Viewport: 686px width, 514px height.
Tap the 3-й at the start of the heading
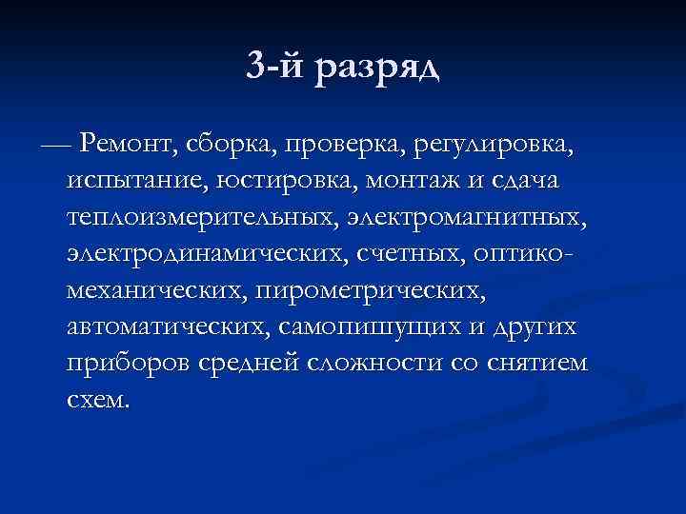coord(272,67)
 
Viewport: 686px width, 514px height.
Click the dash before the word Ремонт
coord(56,145)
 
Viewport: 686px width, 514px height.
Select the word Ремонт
coord(129,145)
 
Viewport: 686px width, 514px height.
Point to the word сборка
coord(232,145)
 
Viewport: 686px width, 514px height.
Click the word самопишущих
coord(386,327)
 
